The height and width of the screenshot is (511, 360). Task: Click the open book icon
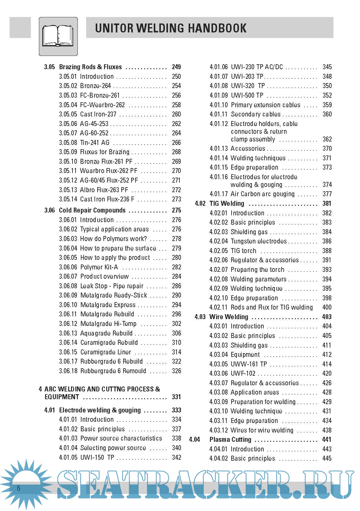[58, 36]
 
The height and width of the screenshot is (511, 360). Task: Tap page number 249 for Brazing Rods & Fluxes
[176, 67]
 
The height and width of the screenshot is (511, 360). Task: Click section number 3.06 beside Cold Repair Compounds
[49, 210]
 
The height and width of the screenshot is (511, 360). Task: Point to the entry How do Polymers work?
[113, 239]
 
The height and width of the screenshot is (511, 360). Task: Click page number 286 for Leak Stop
[176, 286]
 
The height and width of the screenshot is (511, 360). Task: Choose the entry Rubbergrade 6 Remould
[113, 371]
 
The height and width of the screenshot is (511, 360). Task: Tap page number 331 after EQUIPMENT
[176, 397]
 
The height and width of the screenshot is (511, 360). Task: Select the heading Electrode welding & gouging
[100, 410]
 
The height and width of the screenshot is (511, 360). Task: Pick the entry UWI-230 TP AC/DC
[257, 67]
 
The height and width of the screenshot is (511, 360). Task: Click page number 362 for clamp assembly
[327, 139]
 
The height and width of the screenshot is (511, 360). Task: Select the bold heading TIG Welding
[227, 204]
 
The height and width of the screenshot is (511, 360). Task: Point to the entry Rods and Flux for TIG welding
[272, 307]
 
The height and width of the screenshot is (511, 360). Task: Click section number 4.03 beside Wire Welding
[200, 317]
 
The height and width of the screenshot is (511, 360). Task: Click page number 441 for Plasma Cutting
[327, 440]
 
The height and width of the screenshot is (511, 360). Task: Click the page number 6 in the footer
[19, 488]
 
